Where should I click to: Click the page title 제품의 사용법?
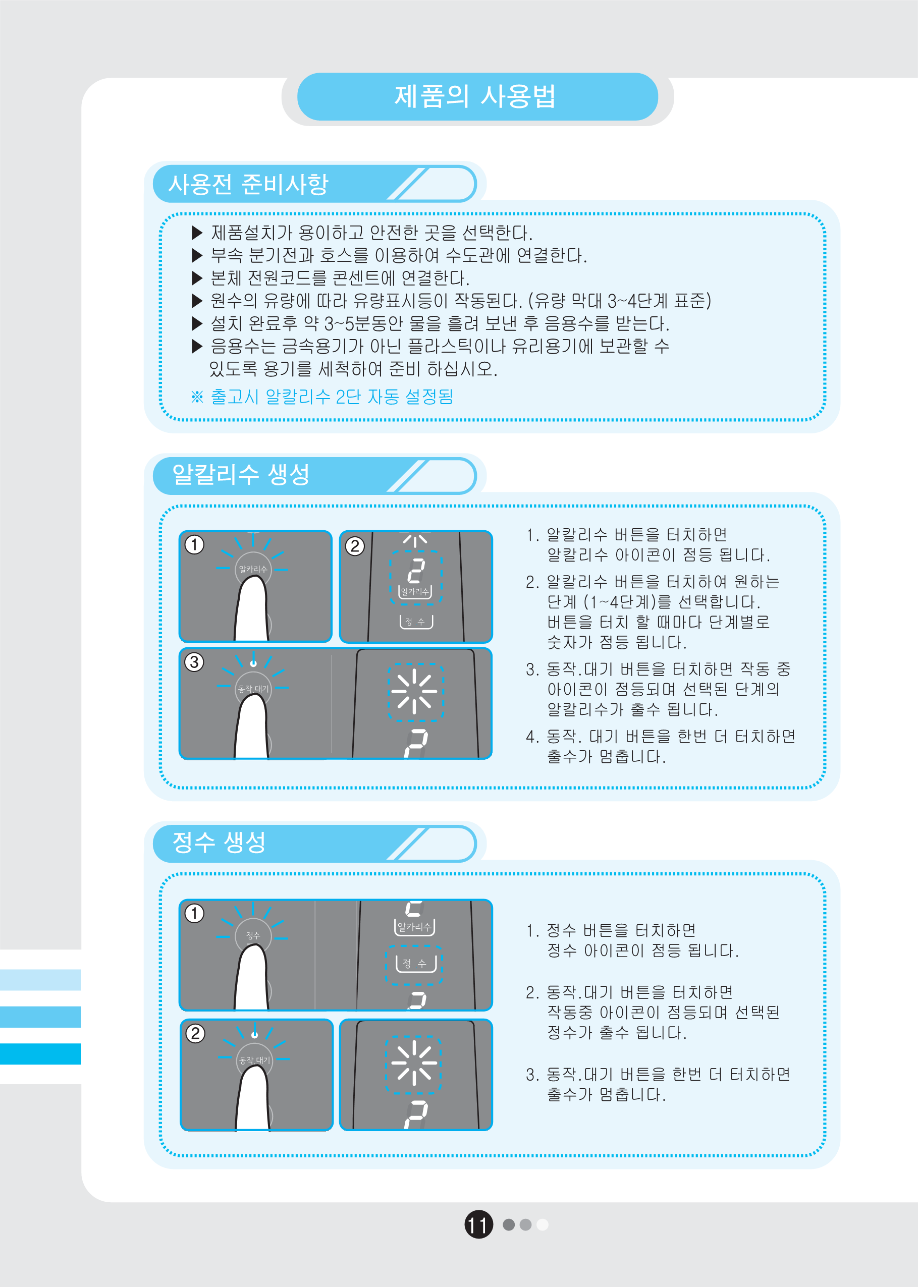click(x=475, y=96)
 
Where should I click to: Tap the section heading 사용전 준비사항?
click(x=248, y=184)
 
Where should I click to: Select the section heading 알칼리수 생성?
click(x=241, y=474)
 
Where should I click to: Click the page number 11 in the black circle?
click(x=478, y=1224)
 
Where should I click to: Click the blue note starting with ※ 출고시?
click(x=322, y=397)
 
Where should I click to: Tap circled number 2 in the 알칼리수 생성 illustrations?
click(x=355, y=546)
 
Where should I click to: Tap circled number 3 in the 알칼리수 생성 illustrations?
click(x=194, y=661)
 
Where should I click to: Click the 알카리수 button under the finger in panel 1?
click(x=253, y=569)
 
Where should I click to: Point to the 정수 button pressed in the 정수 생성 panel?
click(x=253, y=935)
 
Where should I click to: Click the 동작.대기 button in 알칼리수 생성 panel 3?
click(x=253, y=689)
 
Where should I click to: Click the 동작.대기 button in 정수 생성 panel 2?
click(x=254, y=1060)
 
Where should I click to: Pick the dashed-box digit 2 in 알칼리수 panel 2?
click(x=416, y=571)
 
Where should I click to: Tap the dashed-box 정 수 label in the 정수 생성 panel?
click(x=414, y=964)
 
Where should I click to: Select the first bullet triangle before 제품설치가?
click(x=197, y=233)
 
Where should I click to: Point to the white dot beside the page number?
click(x=543, y=1224)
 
